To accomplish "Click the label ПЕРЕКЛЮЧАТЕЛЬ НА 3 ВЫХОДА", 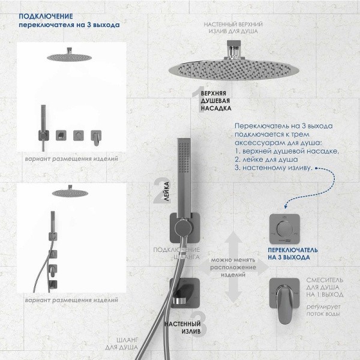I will coord(289,253).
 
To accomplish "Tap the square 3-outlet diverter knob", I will coord(284,227).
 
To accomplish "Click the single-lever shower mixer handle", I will coord(284,295).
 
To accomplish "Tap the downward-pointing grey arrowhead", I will coord(233,295).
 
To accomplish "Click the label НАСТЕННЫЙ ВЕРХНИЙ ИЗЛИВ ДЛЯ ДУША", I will coord(233,27).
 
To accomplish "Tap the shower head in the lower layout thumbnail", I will coord(67,193).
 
